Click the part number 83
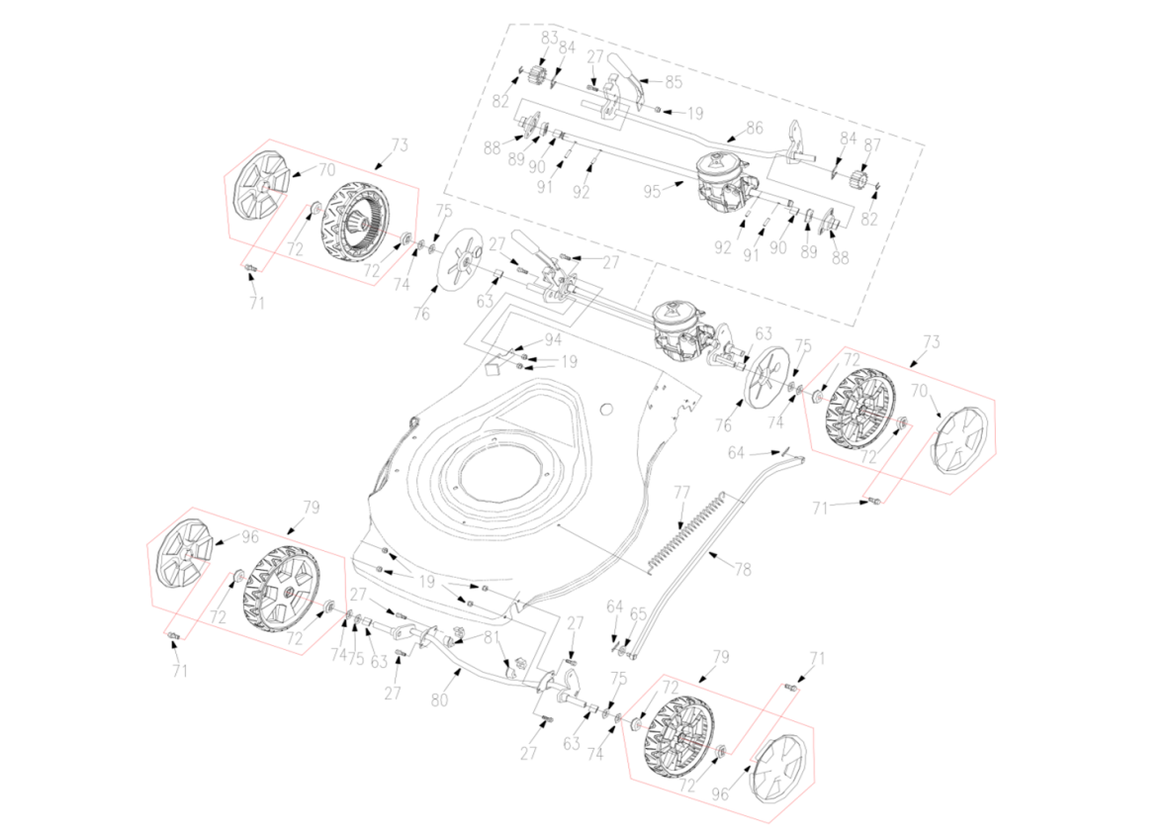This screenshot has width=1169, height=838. point(549,38)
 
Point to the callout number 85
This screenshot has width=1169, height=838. point(674,81)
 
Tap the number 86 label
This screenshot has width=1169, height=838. point(755,129)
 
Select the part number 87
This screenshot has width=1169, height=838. point(871,145)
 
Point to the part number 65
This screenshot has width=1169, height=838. point(638,613)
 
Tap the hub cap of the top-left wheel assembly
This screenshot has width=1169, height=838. point(259,187)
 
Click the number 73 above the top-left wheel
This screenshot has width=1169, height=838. point(400,146)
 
